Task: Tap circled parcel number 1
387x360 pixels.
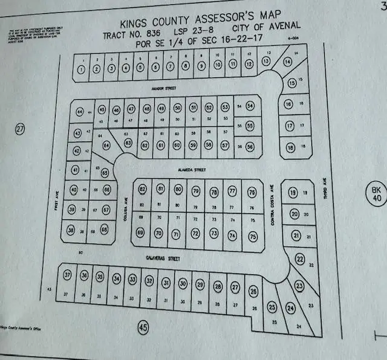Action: point(81,68)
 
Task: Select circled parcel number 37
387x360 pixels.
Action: point(68,276)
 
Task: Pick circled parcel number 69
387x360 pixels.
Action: point(140,233)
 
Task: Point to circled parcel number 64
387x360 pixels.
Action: point(107,146)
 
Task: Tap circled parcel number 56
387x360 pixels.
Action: point(250,146)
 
